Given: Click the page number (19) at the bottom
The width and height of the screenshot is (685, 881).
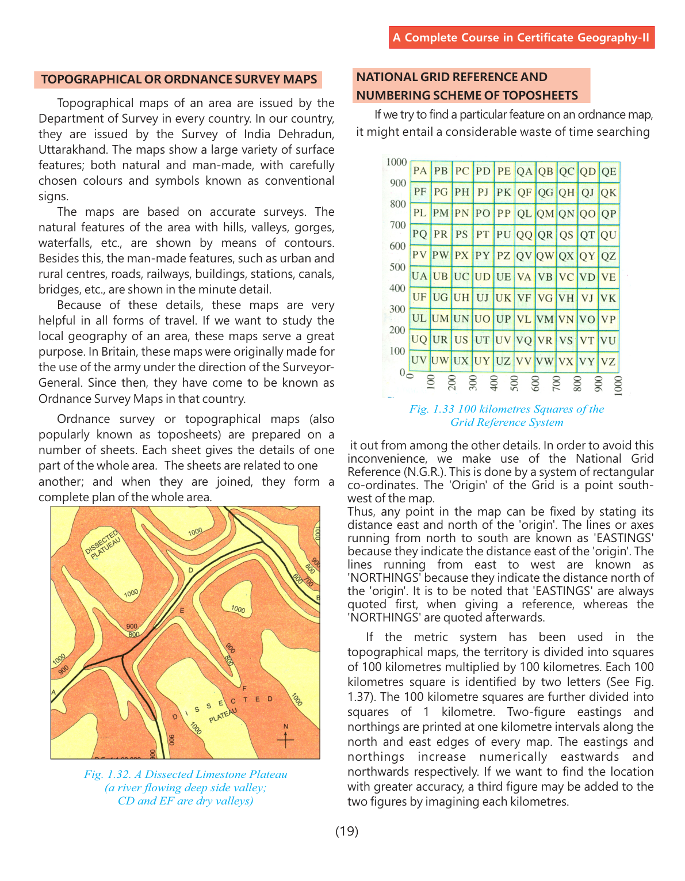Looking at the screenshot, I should click(x=347, y=831).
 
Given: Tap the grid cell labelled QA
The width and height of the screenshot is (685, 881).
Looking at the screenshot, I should click(x=525, y=171).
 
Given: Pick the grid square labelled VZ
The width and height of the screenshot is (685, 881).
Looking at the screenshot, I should click(x=609, y=361).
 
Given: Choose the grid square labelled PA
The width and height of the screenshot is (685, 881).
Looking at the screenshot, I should click(x=420, y=171).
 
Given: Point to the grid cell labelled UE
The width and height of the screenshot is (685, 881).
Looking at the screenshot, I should click(x=504, y=277).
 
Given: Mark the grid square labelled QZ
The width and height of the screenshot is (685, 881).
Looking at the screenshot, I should click(x=609, y=256).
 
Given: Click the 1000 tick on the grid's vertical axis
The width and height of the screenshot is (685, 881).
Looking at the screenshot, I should click(x=396, y=162).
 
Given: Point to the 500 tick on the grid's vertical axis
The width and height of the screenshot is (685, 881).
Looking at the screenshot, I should click(x=397, y=267).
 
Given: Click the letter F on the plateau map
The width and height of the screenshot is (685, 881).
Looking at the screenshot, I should click(x=244, y=688).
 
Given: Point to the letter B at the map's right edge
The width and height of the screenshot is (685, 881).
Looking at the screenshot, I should click(x=317, y=598).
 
